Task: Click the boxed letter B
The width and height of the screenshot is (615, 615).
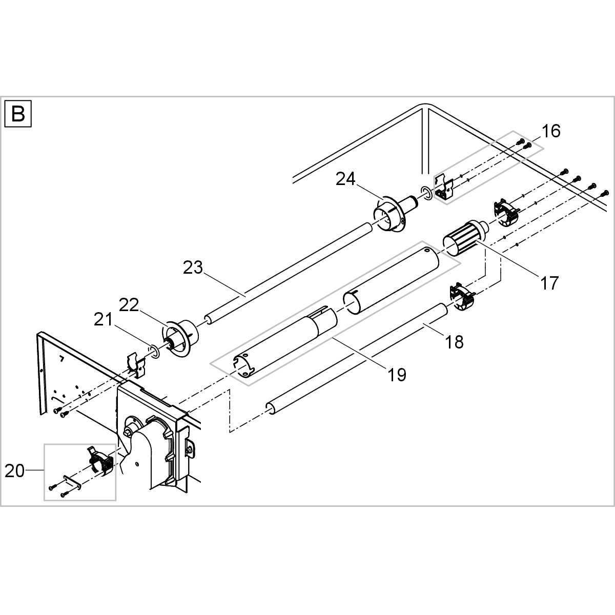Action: point(18,114)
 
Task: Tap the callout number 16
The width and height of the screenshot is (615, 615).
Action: point(551,131)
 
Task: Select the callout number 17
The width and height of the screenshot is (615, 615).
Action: point(549,283)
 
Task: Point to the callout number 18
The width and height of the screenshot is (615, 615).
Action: point(455,342)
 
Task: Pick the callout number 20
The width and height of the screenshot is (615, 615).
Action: point(15,470)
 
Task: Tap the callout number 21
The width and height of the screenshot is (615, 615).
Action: point(103,320)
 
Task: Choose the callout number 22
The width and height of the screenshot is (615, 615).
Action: point(129,305)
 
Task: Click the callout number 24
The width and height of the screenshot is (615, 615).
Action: point(345,179)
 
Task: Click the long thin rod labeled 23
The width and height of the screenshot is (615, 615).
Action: point(287,271)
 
